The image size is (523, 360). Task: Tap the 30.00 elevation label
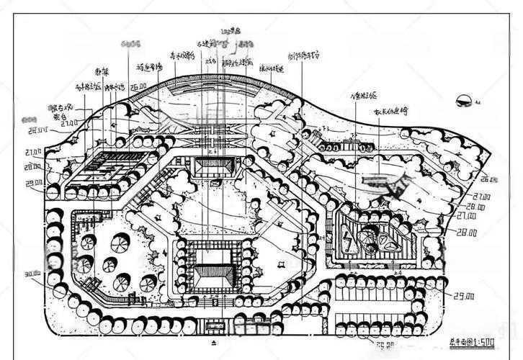32,274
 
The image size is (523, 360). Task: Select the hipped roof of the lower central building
213,274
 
